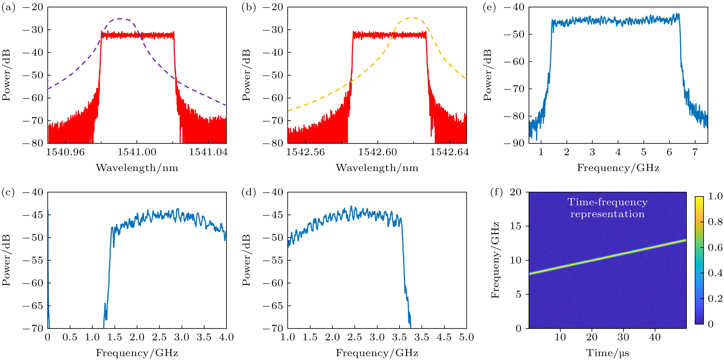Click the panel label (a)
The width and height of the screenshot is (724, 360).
[8, 8]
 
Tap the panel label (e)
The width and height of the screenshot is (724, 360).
[489, 8]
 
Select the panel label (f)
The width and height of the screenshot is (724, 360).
[496, 193]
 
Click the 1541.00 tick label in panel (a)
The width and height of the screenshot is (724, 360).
[137, 152]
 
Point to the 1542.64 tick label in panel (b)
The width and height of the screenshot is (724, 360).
[449, 152]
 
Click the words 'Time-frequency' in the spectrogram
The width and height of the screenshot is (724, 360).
[607, 202]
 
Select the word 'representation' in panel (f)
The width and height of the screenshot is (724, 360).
[607, 214]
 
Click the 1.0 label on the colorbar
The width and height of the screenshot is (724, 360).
[715, 196]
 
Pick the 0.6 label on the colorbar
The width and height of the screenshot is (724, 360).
[715, 247]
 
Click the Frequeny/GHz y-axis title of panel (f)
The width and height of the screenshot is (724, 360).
[495, 260]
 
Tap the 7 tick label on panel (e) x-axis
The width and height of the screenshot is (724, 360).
[695, 152]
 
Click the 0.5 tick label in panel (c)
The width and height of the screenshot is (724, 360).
[70, 337]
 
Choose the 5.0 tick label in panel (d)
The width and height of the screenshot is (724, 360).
[467, 337]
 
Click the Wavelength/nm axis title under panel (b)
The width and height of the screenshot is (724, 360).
[377, 168]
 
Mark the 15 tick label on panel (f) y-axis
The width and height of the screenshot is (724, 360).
[515, 226]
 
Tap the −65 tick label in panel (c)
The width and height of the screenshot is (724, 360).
[33, 306]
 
